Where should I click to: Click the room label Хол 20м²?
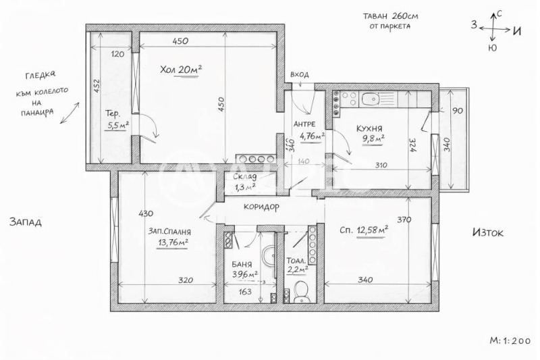(x=181, y=70)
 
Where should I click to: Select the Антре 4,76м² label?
(x=308, y=130)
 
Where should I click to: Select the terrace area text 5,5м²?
(x=117, y=125)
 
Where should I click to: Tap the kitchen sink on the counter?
(x=370, y=101)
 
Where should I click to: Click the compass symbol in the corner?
(x=498, y=30)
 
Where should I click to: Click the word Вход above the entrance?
(x=299, y=74)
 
